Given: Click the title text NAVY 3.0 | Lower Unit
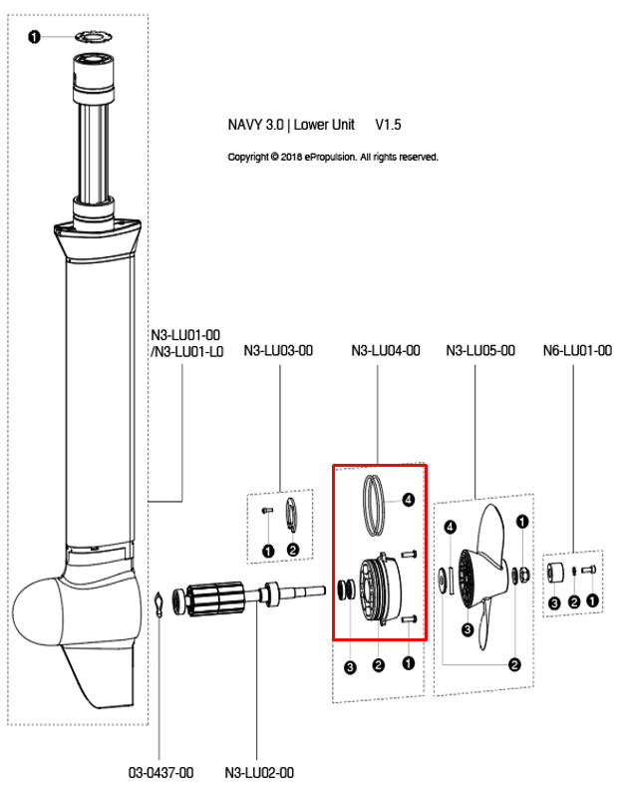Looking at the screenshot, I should coord(291,126).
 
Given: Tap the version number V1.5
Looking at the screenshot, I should coord(388,126).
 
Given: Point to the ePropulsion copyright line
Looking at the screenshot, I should coord(333,158).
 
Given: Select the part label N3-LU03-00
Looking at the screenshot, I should coord(278,351).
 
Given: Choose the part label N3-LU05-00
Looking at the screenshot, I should coord(479,351).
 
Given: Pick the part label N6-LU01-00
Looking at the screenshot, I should coord(577,351).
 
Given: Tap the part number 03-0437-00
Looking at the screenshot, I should coord(160,772).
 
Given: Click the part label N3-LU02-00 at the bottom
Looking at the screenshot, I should coord(259,772).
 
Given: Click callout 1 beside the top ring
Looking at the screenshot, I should coord(35,37).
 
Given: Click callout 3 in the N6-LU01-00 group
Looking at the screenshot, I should coord(554,601).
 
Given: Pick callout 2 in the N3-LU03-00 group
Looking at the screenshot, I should coord(292,550).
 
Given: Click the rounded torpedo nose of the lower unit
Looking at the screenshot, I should coord(38,609).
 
